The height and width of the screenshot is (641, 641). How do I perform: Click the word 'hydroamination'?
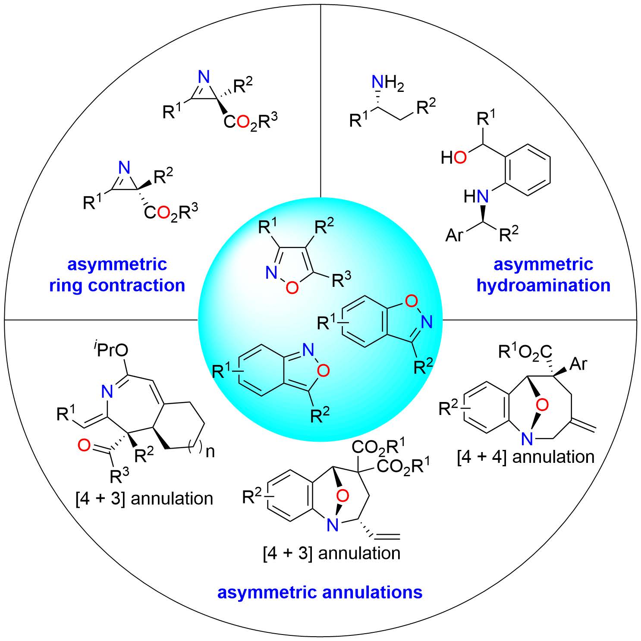point(543,286)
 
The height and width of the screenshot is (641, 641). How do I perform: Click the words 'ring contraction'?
point(117,286)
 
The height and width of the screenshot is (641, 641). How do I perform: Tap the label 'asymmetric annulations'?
point(320,592)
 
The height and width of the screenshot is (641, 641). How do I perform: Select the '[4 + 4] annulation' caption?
point(526,456)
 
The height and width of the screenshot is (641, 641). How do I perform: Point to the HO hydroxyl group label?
point(454,158)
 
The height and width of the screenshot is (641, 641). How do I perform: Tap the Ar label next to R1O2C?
point(578,364)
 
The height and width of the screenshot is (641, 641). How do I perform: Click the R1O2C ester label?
point(525,353)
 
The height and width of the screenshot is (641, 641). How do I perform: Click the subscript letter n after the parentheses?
point(210,452)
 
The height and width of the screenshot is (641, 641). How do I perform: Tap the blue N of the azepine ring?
point(108,392)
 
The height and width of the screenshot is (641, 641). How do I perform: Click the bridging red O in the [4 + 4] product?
point(543,405)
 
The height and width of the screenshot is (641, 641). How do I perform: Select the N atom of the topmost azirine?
point(204,78)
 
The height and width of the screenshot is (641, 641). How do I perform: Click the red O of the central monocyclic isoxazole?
point(292,288)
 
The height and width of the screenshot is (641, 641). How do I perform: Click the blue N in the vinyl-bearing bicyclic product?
point(332,525)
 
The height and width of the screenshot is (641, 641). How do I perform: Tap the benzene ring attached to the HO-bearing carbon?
point(528,167)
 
